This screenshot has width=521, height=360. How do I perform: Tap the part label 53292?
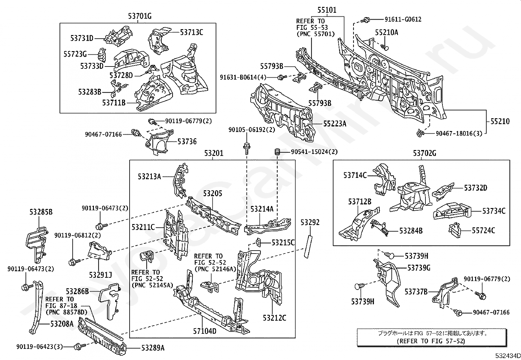(x=310, y=222)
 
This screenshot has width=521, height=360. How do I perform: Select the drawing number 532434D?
(x=507, y=356)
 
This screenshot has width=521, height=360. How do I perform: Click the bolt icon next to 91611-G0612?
(x=365, y=20)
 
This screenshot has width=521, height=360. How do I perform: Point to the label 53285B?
(x=41, y=212)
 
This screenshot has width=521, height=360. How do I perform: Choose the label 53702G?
(x=424, y=153)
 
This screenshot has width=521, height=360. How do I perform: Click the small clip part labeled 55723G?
(x=102, y=54)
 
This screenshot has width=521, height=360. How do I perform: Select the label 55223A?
(x=334, y=123)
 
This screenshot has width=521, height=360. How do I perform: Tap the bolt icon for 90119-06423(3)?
(x=79, y=346)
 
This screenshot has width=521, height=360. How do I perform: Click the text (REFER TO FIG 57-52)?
(x=431, y=341)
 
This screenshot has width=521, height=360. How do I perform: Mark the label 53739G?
(x=419, y=268)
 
